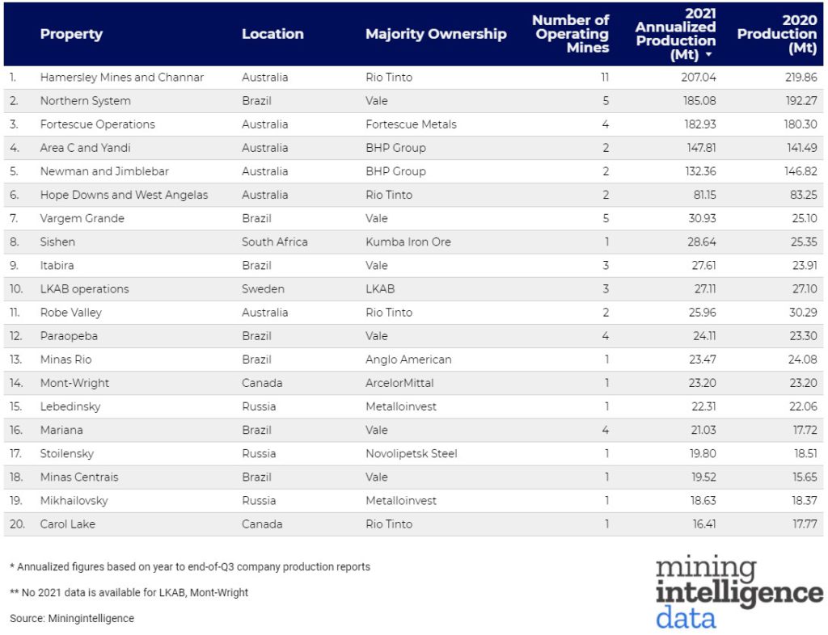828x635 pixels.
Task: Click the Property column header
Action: (x=71, y=34)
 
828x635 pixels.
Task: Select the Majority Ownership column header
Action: (x=436, y=34)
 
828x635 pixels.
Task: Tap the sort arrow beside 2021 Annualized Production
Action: (x=708, y=56)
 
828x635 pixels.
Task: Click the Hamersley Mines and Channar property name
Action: (x=122, y=78)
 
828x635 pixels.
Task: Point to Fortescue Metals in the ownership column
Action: (x=411, y=124)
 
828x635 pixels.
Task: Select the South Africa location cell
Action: (x=274, y=242)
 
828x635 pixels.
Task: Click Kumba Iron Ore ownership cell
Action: (x=408, y=242)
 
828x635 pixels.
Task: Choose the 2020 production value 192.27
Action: (x=777, y=101)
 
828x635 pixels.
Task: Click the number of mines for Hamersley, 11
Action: (x=604, y=78)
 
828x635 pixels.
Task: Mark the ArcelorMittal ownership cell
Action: (x=399, y=383)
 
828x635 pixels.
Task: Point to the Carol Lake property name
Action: (x=68, y=524)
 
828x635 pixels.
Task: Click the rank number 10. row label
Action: (x=16, y=288)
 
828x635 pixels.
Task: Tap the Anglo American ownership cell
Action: (x=408, y=360)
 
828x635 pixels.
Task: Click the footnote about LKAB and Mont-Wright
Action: (x=129, y=592)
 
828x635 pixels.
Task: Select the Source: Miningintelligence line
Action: (x=72, y=618)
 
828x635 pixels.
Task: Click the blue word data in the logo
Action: (x=686, y=618)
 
